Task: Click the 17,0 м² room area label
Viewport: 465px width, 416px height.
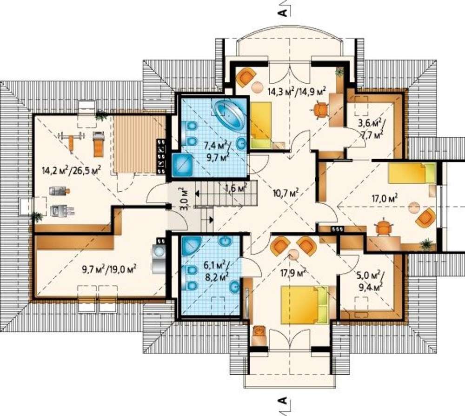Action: [385, 198]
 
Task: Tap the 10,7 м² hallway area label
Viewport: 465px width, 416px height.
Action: [286, 193]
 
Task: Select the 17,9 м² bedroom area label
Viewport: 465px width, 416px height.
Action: [293, 273]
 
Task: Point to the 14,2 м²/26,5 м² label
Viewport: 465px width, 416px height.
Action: [72, 171]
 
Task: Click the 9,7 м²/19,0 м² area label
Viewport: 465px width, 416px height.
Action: [109, 270]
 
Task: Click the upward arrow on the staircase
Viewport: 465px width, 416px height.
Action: [197, 195]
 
